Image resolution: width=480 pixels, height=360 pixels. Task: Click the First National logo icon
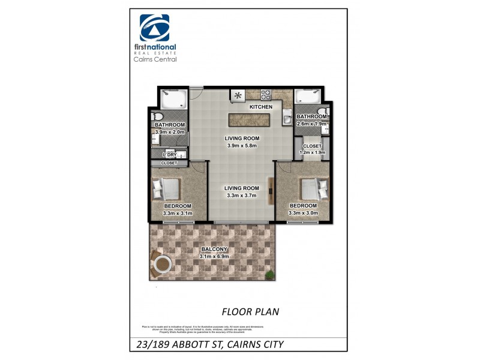coord(155,28)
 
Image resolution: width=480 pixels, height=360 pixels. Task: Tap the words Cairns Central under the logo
coord(155,59)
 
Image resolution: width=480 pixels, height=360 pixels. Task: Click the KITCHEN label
coord(261,107)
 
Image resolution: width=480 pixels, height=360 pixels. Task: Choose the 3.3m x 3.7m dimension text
coord(241,196)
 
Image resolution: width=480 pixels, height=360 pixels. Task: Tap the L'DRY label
coord(169,155)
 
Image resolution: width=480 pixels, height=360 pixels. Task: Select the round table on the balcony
coord(162,263)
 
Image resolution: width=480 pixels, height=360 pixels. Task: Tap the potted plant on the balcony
coord(271,274)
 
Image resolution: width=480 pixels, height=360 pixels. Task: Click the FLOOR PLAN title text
coord(250,311)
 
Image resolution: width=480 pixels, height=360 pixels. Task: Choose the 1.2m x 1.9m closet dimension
coord(313,152)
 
